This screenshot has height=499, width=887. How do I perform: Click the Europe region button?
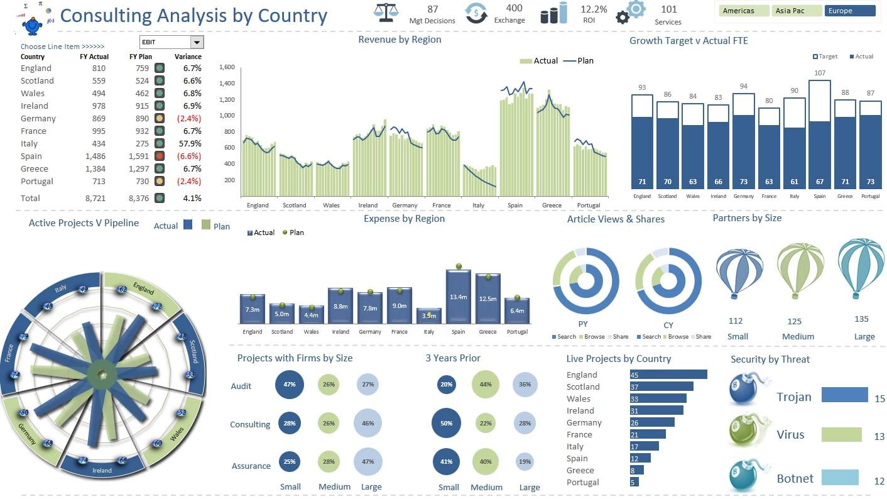tap(849, 11)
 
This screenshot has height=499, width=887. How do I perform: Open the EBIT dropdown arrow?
tap(197, 42)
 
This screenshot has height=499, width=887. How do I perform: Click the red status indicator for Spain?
tap(160, 156)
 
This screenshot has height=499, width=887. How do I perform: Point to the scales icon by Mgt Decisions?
tap(386, 13)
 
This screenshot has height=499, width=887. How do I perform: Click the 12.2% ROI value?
tap(593, 9)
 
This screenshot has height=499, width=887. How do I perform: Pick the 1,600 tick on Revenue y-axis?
tap(227, 67)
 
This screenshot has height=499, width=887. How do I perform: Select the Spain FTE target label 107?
tap(819, 73)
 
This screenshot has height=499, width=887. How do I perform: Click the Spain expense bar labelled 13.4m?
tap(459, 297)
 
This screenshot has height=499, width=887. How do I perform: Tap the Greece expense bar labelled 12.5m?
tap(487, 299)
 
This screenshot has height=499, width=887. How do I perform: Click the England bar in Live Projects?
tap(668, 375)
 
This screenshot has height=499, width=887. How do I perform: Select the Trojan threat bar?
tap(844, 394)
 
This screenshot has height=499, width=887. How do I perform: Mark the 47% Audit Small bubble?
tap(290, 385)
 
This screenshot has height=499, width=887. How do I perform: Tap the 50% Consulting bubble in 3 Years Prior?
tap(447, 423)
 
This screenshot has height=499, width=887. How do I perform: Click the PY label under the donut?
tap(582, 324)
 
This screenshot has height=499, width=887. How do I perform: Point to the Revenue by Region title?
tap(400, 40)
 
